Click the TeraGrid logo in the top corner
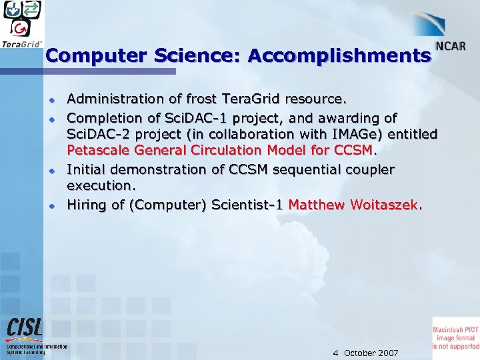[x=22, y=24]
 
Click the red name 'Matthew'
[x=319, y=204]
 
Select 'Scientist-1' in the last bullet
[x=247, y=204]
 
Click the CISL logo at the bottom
[x=25, y=328]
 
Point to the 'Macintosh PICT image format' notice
[x=456, y=334]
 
